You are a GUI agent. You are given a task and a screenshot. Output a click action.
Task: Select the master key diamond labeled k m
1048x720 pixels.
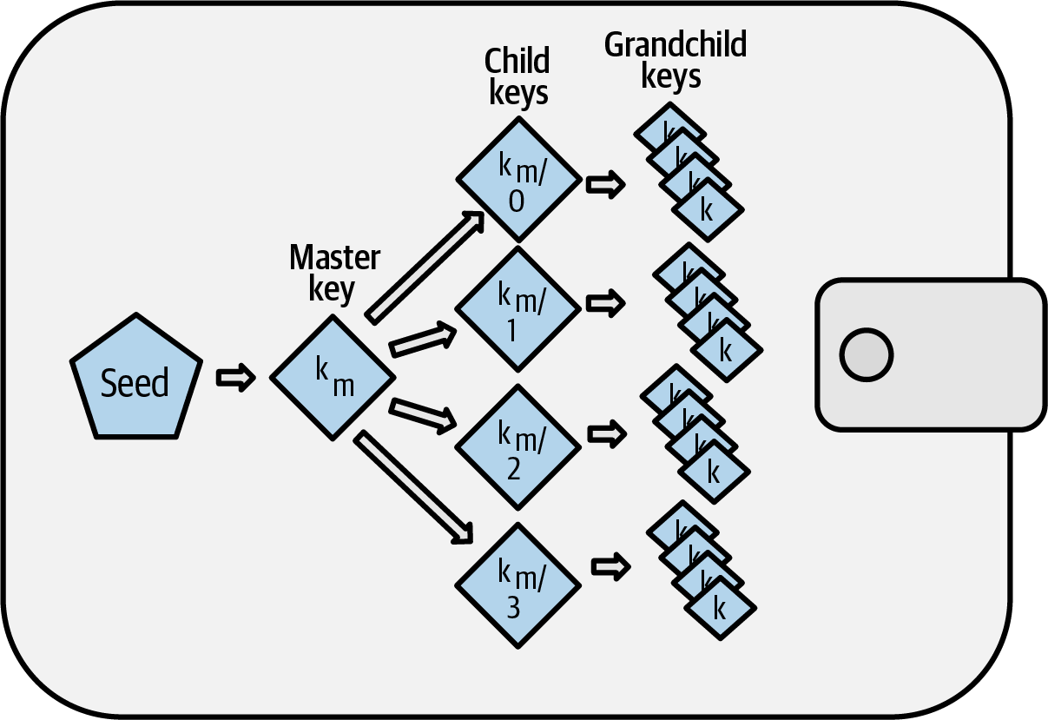point(333,379)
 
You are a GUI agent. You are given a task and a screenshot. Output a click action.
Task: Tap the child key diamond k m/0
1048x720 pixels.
point(518,179)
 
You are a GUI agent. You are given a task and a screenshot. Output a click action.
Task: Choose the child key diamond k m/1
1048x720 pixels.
point(518,310)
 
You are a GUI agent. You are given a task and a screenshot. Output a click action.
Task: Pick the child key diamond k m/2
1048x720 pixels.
point(518,447)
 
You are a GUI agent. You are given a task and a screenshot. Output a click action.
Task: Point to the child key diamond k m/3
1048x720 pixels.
point(518,583)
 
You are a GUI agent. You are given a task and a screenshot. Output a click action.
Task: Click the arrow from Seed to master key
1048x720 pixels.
point(234,378)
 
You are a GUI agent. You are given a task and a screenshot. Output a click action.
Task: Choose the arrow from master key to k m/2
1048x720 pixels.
point(424,414)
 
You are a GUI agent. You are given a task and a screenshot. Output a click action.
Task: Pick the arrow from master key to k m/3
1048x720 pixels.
point(415,487)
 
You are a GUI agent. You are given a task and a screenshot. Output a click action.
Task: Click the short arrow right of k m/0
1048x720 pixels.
point(605,185)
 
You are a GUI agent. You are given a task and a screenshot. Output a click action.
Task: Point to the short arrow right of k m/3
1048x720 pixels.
point(610,566)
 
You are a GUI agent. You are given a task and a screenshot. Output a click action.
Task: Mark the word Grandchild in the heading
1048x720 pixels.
point(675,45)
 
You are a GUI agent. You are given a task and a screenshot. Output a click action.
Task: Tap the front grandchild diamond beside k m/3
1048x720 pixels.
point(720,607)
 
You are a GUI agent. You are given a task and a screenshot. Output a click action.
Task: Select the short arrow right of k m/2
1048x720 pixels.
point(605,432)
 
